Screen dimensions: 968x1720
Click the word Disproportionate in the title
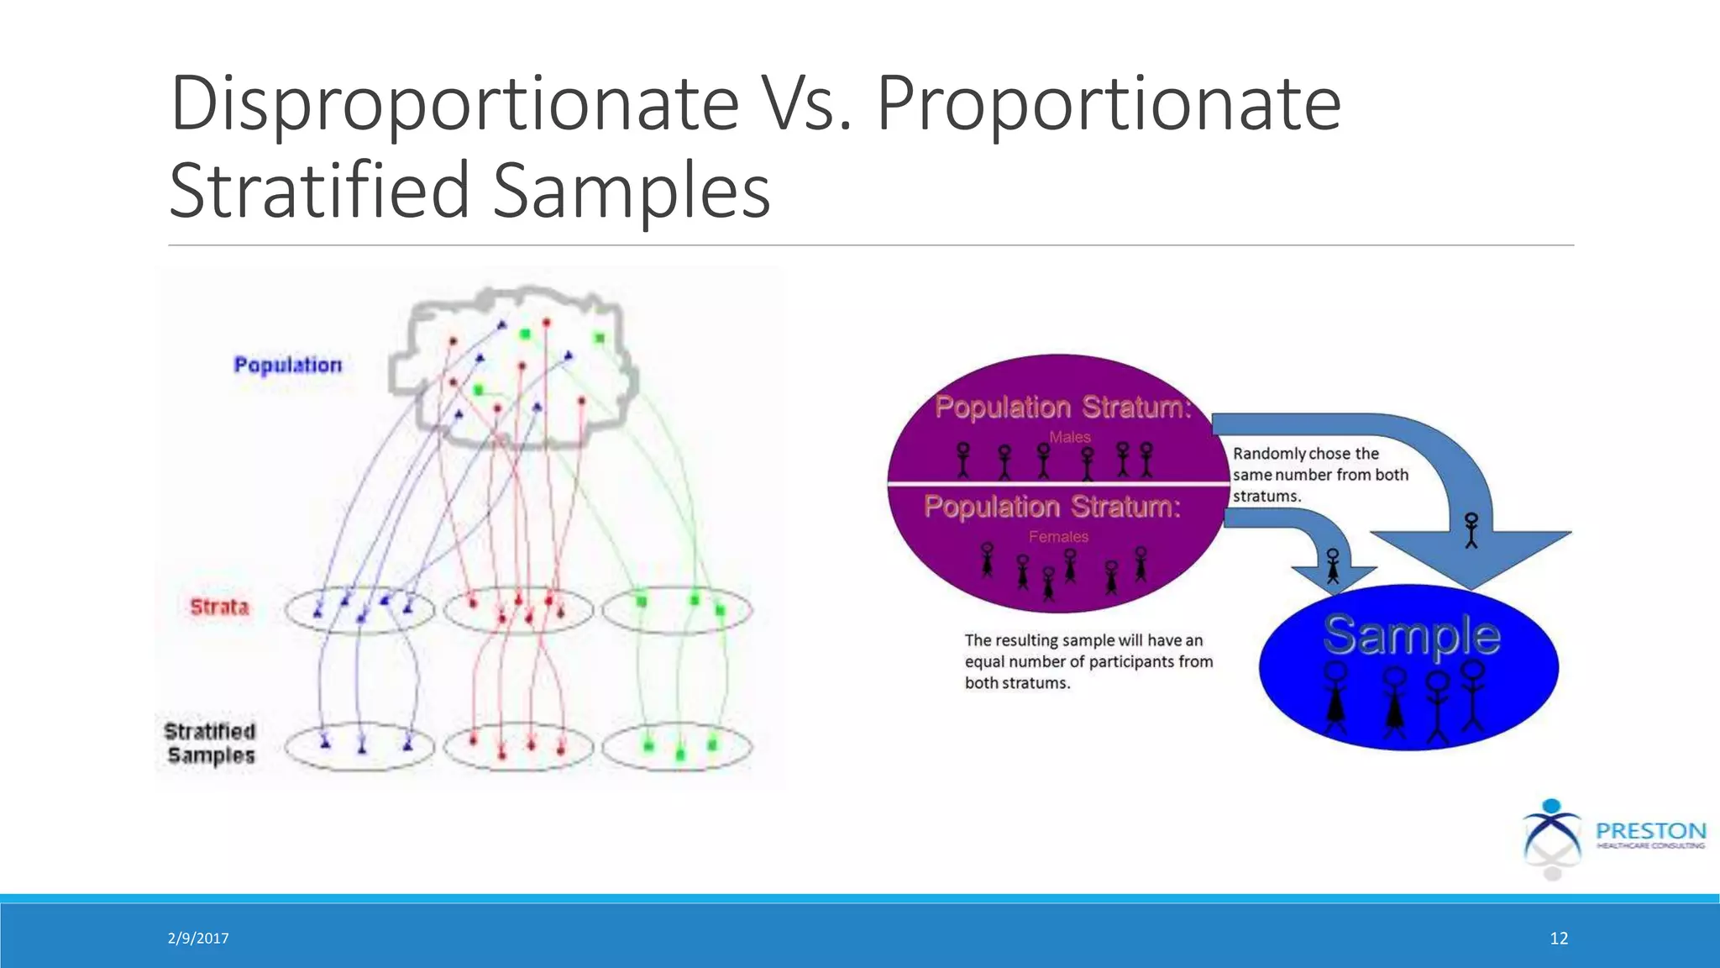454,104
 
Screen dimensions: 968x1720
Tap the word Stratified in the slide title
319,191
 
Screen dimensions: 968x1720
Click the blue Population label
287,366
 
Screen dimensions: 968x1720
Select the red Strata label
219,608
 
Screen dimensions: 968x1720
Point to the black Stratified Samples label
210,744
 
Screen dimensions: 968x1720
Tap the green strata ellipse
677,626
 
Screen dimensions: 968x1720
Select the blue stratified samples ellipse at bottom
359,760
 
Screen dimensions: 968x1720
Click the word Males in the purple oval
1069,437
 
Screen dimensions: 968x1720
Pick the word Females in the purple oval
1058,537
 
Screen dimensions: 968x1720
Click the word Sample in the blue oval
1411,635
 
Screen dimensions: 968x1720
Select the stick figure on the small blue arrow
1333,566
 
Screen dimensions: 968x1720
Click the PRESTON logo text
1650,831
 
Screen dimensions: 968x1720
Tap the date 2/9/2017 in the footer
198,939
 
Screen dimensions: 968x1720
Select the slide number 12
1559,939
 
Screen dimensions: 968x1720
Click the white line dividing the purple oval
1058,484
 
